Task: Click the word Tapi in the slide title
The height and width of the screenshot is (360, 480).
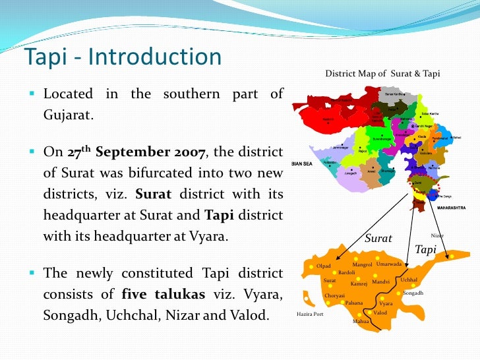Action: click(46, 57)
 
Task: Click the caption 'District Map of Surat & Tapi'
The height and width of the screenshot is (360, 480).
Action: click(382, 73)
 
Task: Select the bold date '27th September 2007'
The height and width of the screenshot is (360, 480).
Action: click(136, 152)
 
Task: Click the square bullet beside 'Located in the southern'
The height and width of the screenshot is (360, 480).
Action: click(32, 94)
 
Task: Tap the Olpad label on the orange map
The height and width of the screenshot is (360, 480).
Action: click(324, 267)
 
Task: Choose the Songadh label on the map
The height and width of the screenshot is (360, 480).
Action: click(413, 293)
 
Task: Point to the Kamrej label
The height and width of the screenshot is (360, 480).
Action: click(359, 284)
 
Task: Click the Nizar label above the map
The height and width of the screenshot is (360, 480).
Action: click(437, 235)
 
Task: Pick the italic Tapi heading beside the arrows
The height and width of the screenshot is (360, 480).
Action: click(426, 249)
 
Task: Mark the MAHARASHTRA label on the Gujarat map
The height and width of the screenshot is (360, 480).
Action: click(451, 208)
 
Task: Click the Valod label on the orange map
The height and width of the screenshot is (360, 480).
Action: click(380, 313)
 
